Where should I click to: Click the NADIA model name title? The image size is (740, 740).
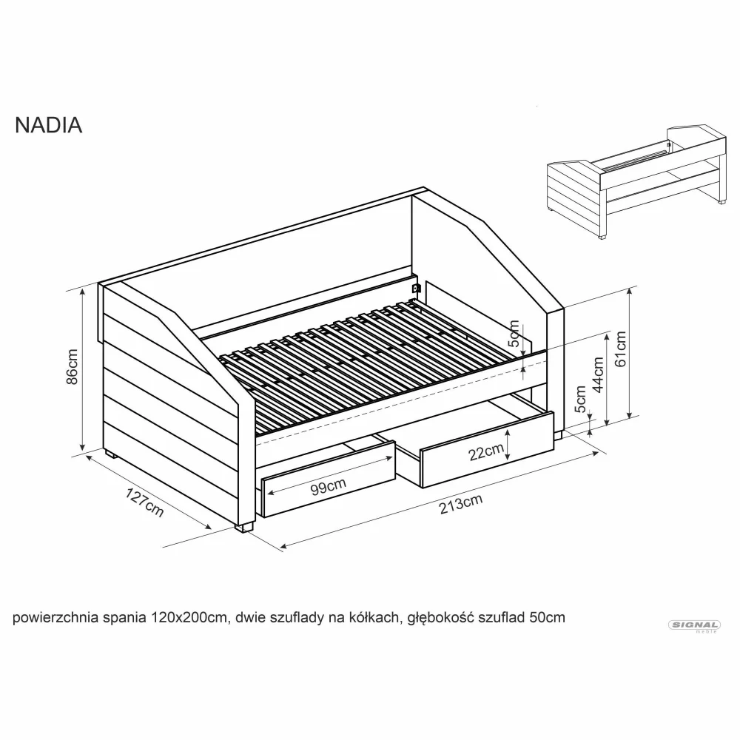pyautogui.click(x=49, y=126)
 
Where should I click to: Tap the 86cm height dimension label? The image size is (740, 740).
pyautogui.click(x=73, y=367)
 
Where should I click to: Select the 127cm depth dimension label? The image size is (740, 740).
pyautogui.click(x=144, y=502)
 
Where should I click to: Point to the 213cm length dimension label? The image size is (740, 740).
pyautogui.click(x=460, y=504)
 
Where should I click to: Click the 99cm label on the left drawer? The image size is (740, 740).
pyautogui.click(x=329, y=486)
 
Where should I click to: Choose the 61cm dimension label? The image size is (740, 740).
pyautogui.click(x=620, y=349)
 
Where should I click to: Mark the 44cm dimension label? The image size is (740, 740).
pyautogui.click(x=598, y=375)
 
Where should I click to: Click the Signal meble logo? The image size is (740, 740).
pyautogui.click(x=694, y=626)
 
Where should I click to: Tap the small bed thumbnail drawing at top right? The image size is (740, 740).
pyautogui.click(x=637, y=182)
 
